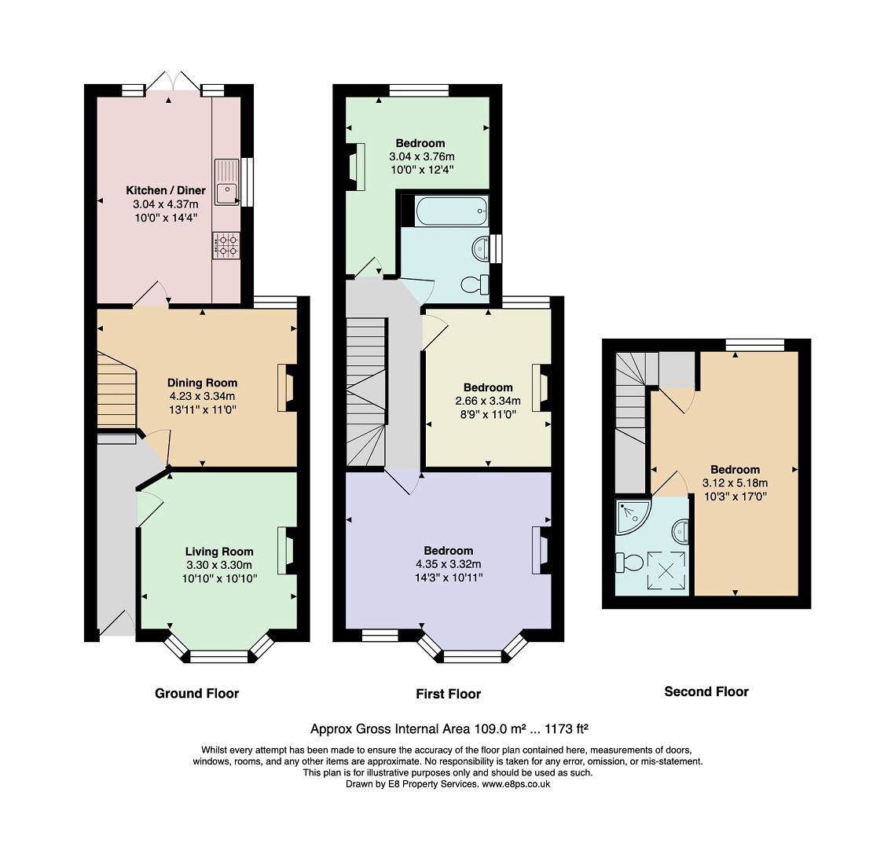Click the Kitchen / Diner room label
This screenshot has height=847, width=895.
click(x=166, y=190)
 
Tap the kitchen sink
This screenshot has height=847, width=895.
click(x=227, y=182)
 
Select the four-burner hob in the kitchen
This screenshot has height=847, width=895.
click(x=226, y=246)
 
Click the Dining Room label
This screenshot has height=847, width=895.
click(x=202, y=383)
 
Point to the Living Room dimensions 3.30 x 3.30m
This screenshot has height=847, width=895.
click(x=219, y=565)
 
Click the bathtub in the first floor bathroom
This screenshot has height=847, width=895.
click(x=452, y=211)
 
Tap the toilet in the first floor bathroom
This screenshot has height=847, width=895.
click(x=475, y=284)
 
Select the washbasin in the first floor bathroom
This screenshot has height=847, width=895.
click(x=481, y=249)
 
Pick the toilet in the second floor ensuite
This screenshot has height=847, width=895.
click(x=629, y=563)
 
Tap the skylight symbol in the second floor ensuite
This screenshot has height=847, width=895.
click(x=666, y=570)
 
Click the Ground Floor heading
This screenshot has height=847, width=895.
click(x=197, y=694)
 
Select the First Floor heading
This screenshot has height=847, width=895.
click(x=449, y=694)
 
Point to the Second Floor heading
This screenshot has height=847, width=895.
click(x=706, y=691)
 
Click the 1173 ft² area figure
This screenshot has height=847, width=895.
click(x=567, y=729)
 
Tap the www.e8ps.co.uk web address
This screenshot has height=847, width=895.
click(x=516, y=784)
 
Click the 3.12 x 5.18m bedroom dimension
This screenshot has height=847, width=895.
click(x=735, y=483)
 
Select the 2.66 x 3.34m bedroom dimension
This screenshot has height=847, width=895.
click(x=488, y=401)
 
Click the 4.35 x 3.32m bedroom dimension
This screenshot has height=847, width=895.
click(x=449, y=564)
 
